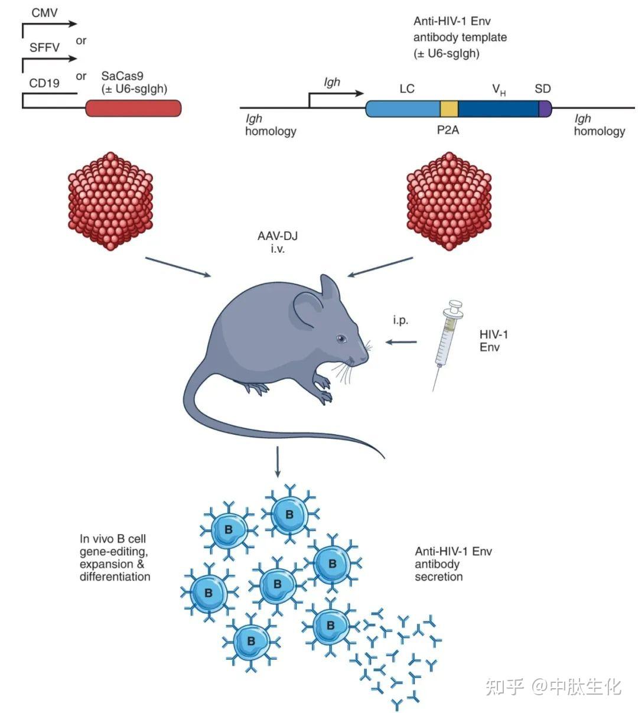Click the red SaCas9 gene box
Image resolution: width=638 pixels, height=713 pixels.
(134, 108)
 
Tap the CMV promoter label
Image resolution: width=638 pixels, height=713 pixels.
(44, 12)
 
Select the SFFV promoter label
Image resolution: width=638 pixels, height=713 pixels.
(45, 47)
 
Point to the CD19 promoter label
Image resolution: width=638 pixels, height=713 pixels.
(44, 83)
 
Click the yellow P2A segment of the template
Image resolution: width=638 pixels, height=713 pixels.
(449, 108)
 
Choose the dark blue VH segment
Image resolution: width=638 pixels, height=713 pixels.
(498, 108)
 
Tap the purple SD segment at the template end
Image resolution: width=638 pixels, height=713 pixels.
(545, 108)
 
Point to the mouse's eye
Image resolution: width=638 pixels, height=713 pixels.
(340, 338)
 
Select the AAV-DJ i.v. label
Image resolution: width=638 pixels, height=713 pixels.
(277, 242)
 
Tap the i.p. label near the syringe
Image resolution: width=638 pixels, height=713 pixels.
(401, 321)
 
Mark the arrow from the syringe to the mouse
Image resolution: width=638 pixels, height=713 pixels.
(401, 341)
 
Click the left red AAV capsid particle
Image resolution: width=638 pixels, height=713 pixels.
(110, 201)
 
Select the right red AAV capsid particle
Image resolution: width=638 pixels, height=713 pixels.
(450, 201)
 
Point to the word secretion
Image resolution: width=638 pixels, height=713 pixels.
(438, 577)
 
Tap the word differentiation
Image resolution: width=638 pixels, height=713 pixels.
(115, 577)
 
